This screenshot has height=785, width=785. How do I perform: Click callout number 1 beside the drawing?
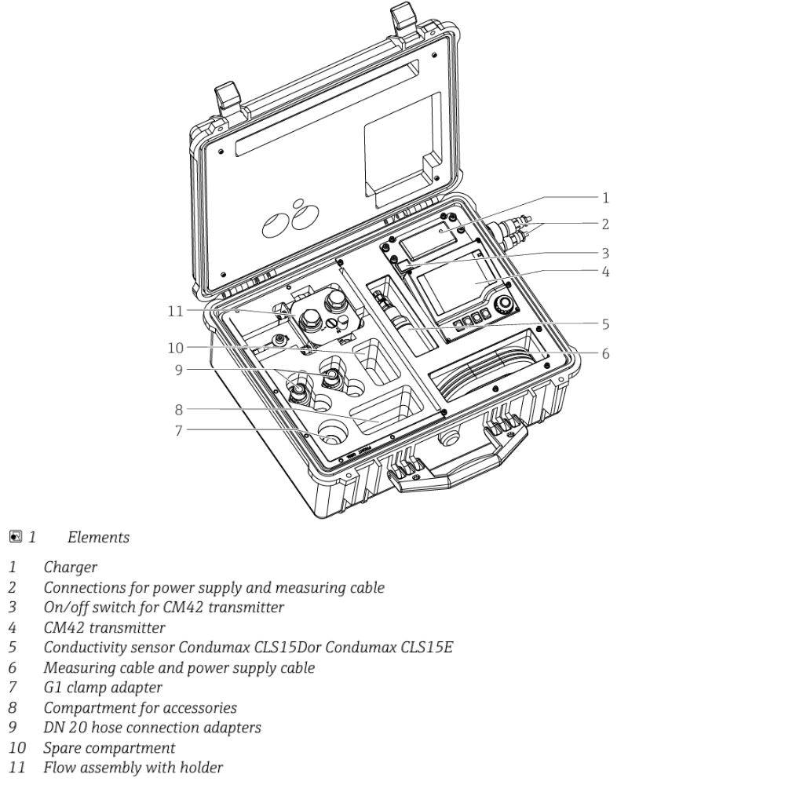605,198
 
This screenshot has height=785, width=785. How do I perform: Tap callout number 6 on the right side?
605,354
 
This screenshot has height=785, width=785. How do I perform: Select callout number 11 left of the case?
175,311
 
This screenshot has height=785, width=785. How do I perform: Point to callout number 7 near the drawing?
178,430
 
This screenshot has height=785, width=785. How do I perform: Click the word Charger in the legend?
70,568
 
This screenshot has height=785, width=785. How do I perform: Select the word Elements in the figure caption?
99,537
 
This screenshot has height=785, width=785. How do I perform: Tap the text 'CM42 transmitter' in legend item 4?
104,627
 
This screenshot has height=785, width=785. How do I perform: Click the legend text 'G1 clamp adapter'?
103,688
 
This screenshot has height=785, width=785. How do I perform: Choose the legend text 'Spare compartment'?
109,748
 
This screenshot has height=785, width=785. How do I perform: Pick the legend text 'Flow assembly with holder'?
133,768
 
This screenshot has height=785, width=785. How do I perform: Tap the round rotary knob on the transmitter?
504,303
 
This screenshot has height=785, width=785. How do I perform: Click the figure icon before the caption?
16,537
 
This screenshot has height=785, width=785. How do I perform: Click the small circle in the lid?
299,203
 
